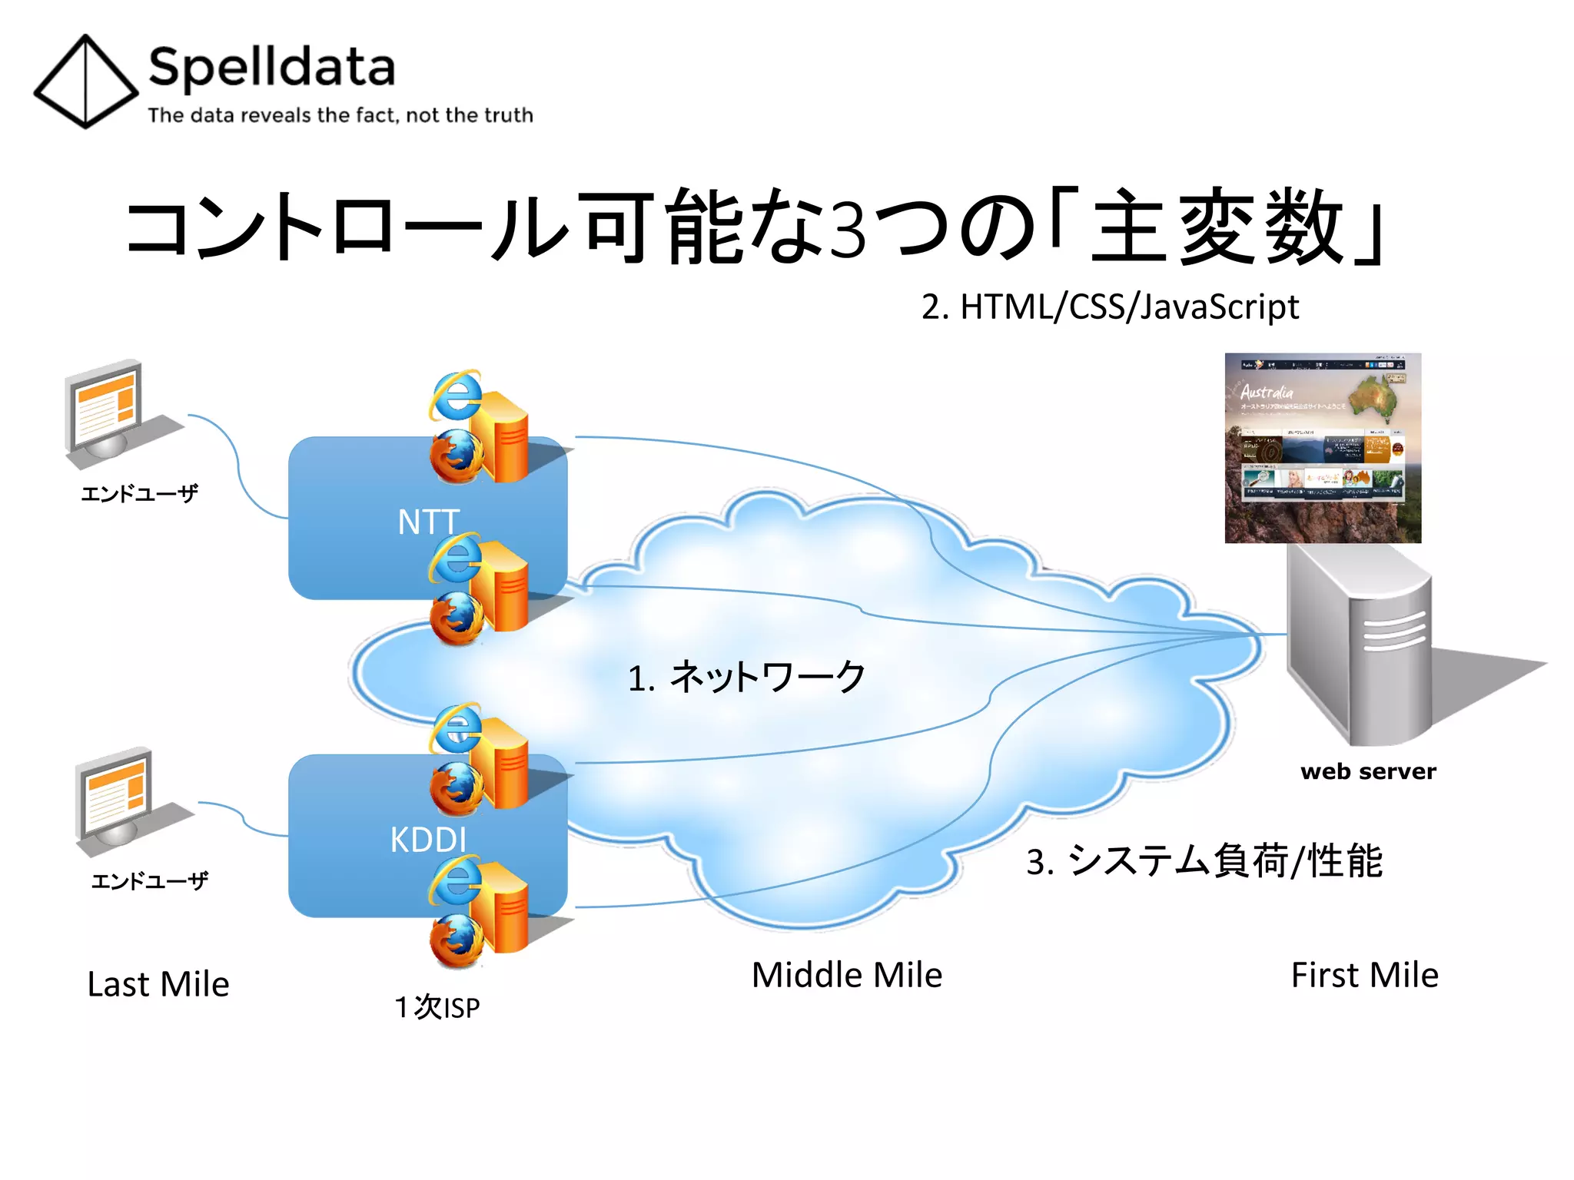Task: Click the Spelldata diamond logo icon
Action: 85,81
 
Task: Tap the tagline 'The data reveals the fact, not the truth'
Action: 340,115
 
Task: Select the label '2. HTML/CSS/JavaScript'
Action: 1110,307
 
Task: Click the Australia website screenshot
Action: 1322,448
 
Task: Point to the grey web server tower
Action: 1358,645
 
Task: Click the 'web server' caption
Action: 1367,771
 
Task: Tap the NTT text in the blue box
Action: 428,522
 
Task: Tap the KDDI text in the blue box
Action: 428,839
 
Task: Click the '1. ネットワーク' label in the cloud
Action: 746,678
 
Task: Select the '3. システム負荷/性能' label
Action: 1204,860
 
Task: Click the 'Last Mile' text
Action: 158,984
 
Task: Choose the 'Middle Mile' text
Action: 846,975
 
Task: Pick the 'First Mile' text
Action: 1364,975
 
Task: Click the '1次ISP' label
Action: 437,1007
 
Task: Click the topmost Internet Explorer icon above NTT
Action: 456,396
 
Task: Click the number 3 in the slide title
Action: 848,230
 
